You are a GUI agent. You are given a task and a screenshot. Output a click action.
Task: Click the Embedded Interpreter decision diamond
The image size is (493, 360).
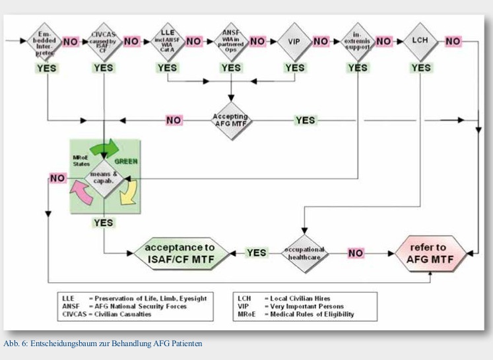pyautogui.click(x=45, y=42)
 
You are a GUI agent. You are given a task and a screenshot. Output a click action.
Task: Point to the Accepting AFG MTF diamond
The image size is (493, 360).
pyautogui.click(x=230, y=121)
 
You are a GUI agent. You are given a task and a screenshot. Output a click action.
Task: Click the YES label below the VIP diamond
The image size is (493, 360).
pyautogui.click(x=294, y=67)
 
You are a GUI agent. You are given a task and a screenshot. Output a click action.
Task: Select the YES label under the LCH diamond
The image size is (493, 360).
pyautogui.click(x=421, y=67)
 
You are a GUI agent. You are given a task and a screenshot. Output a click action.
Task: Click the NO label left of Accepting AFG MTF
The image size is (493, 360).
pyautogui.click(x=174, y=120)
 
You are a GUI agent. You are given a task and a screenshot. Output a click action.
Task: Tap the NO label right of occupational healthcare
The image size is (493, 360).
pyautogui.click(x=355, y=253)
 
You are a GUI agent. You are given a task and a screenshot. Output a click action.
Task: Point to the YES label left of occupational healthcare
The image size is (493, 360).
pyautogui.click(x=256, y=253)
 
